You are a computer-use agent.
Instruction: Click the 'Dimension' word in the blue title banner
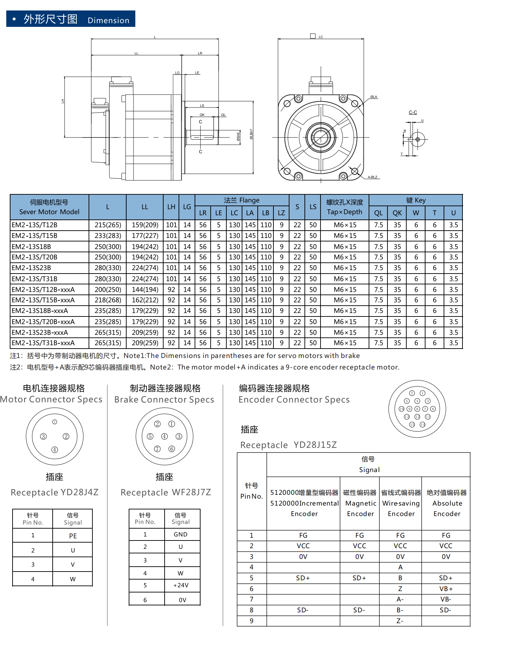[108, 20]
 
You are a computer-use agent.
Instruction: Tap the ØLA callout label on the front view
[374, 97]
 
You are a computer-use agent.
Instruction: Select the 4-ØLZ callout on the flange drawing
[372, 177]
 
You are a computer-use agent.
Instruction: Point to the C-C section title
[413, 112]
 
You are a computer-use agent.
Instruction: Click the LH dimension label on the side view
[63, 101]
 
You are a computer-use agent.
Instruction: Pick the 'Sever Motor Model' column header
[49, 211]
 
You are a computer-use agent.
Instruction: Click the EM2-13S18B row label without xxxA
[31, 247]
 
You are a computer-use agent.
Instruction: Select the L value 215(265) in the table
[108, 225]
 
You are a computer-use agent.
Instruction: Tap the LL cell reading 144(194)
[145, 290]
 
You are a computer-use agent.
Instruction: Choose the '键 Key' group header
[416, 200]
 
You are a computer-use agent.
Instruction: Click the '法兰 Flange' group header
[242, 200]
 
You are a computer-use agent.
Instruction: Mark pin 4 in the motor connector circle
[55, 450]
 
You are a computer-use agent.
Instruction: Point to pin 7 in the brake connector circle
[157, 449]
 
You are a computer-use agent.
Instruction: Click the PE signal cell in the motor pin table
[73, 536]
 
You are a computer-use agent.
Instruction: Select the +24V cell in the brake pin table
[181, 585]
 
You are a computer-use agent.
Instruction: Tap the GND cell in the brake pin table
[181, 534]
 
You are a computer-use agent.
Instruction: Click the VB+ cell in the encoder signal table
[446, 589]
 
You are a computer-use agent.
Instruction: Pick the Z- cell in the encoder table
[400, 621]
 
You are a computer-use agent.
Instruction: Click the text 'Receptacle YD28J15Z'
[288, 445]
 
